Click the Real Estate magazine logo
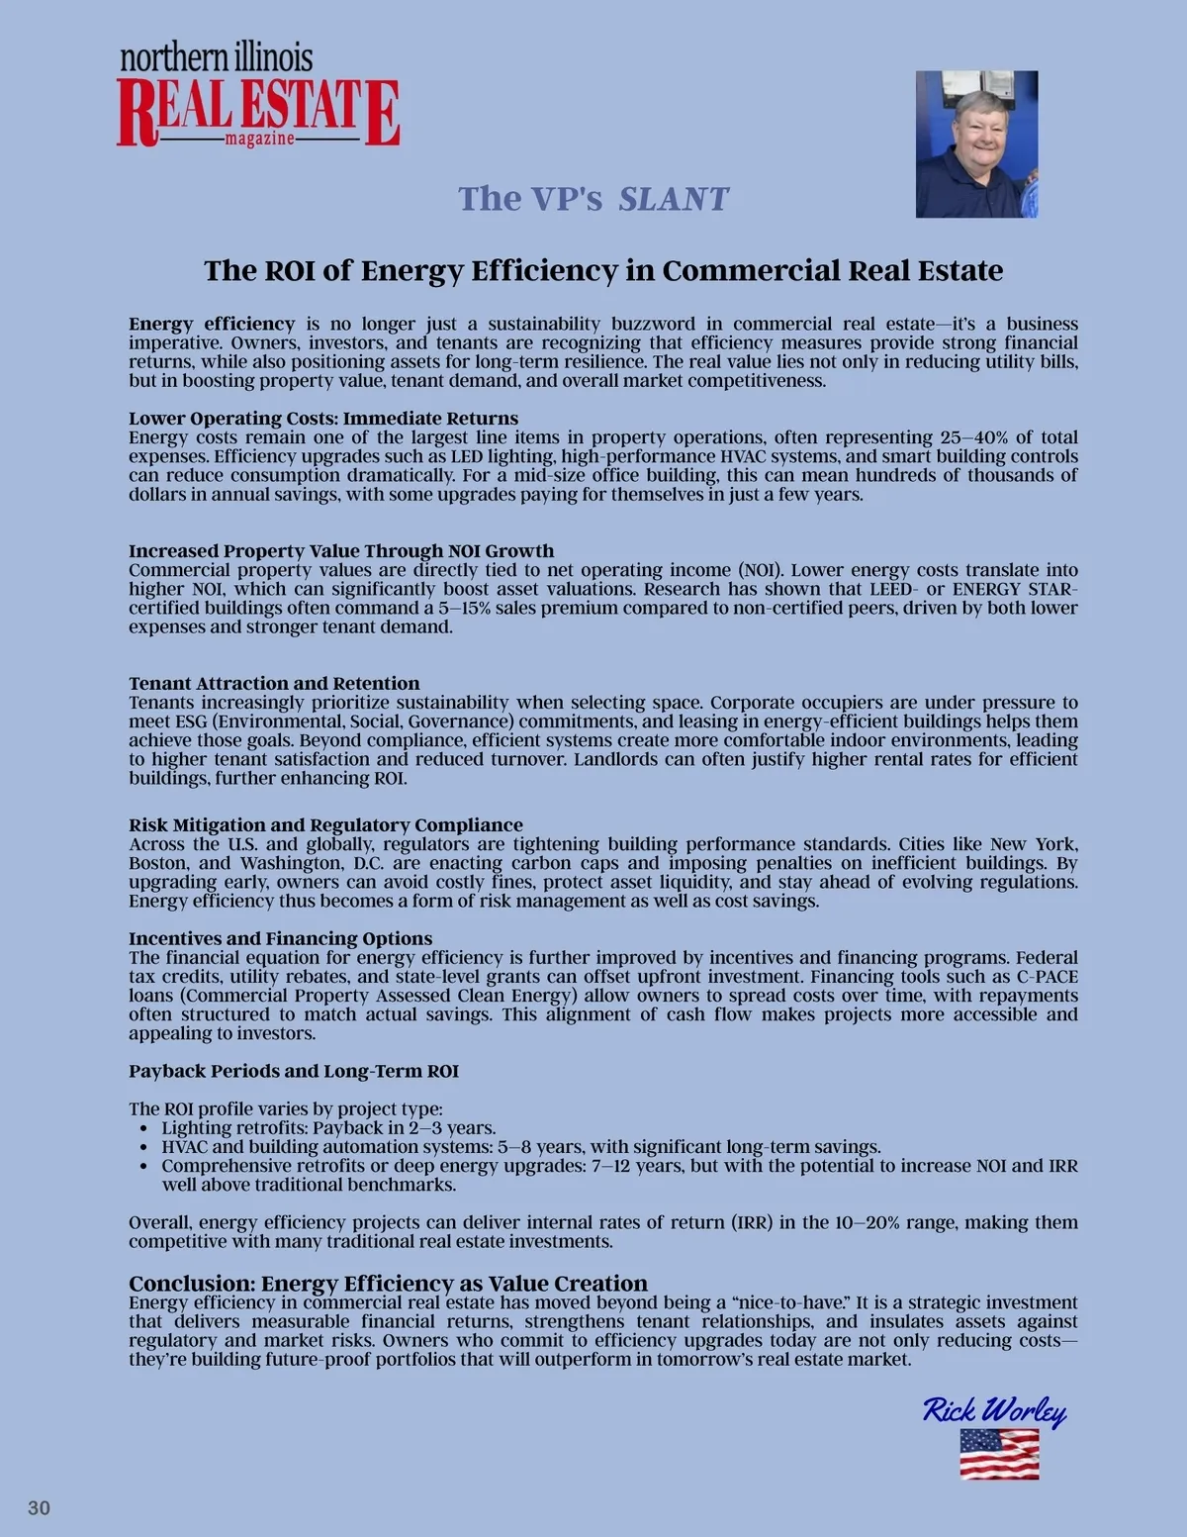click(258, 97)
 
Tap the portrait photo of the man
click(976, 144)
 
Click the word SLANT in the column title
click(673, 199)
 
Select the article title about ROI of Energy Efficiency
click(603, 270)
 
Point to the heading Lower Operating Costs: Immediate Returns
click(323, 418)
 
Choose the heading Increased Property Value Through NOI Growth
click(341, 550)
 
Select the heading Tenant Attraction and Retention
click(274, 683)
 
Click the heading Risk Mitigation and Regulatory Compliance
click(325, 824)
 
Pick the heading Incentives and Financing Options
click(281, 937)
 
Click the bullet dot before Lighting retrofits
click(144, 1128)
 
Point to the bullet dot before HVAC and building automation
click(144, 1147)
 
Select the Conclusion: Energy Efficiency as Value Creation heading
click(388, 1283)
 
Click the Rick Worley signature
click(994, 1410)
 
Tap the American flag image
click(999, 1454)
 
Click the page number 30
click(39, 1508)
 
